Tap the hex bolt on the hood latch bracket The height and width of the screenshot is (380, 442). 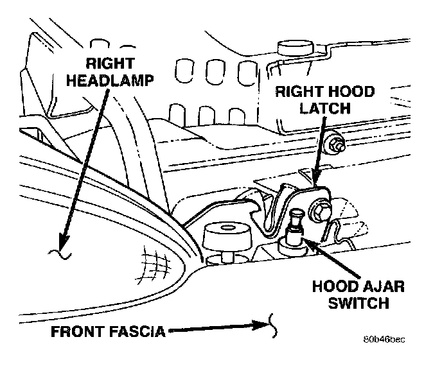click(x=319, y=209)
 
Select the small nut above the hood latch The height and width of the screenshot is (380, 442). click(x=335, y=145)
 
